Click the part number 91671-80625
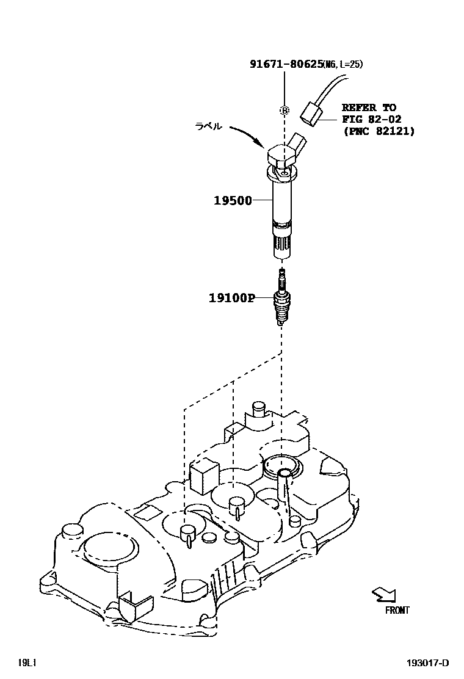click(x=286, y=64)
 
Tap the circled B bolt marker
click(x=284, y=111)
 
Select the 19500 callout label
click(x=233, y=200)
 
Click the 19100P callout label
click(x=231, y=298)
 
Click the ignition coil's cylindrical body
click(x=281, y=202)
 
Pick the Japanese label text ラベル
click(x=208, y=126)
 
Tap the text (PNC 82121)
click(x=379, y=131)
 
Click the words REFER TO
click(x=368, y=107)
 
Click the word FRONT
click(x=397, y=610)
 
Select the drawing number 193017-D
click(x=429, y=663)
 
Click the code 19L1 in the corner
click(x=27, y=663)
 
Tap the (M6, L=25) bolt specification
click(x=347, y=64)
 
